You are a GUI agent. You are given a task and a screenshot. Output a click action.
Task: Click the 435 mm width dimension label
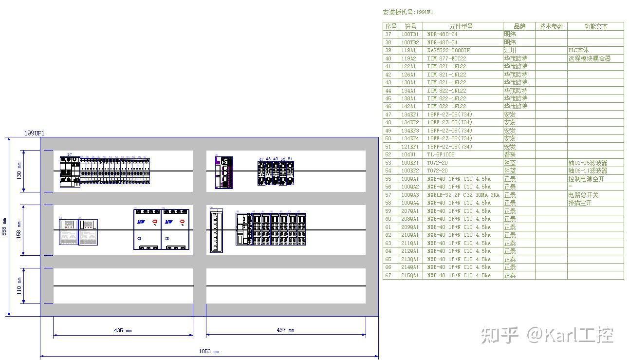pos(123,330)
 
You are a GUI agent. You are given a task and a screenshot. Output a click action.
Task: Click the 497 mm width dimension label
pos(285,330)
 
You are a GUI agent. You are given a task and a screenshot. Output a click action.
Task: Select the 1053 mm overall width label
pos(209,351)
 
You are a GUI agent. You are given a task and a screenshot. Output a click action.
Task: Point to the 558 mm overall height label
pos(4,227)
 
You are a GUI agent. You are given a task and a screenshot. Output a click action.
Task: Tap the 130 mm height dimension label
pos(19,171)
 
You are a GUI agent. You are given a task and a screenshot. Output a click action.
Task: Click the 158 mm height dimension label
pos(19,230)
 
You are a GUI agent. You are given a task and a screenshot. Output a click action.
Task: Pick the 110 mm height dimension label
pos(19,286)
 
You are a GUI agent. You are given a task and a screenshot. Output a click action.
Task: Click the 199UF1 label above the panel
pos(35,133)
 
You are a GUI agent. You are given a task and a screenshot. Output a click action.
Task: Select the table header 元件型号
pos(461,26)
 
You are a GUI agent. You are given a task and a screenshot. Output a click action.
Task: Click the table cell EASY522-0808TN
pos(448,50)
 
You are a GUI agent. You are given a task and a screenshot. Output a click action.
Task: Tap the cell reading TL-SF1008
pos(441,154)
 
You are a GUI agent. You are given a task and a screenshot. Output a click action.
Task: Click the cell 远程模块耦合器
pos(589,58)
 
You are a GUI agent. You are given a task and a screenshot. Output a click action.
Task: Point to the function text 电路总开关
pos(583,195)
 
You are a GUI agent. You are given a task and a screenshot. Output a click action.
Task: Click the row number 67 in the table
pos(388,275)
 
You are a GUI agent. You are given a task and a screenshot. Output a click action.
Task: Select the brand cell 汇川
pos(510,50)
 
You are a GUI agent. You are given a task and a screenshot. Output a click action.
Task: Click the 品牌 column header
pos(519,26)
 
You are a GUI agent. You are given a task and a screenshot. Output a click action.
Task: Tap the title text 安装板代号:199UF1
pos(408,12)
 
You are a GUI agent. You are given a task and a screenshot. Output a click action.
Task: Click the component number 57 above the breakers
pos(70,154)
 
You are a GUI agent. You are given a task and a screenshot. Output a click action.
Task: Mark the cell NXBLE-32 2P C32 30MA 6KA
pos(463,195)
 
